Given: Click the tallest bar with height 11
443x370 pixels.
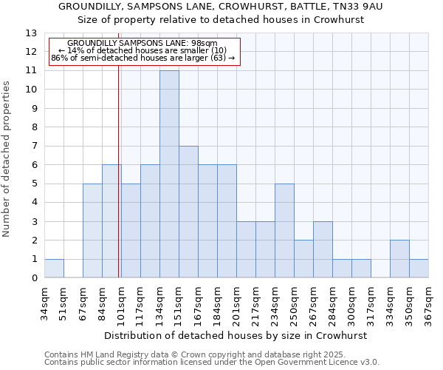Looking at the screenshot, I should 169,174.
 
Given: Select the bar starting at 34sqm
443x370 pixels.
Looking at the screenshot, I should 54,269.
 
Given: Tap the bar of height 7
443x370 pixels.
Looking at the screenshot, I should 188,212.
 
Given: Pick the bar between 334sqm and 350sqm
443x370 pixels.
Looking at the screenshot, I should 399,259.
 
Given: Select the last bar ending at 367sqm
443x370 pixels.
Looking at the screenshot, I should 419,269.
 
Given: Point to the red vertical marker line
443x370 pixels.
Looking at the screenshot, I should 119,170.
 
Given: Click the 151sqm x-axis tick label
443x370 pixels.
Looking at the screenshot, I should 179,303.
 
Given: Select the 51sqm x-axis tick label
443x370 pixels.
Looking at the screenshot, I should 63,303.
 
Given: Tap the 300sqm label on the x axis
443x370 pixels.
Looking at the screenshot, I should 351,303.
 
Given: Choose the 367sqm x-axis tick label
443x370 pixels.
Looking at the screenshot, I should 428,303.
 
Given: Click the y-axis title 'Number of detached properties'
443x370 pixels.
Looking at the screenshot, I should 7,160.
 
